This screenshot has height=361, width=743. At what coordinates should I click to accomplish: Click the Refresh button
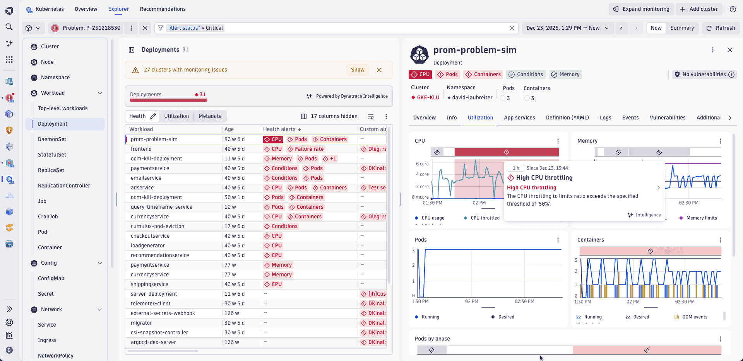click(x=721, y=28)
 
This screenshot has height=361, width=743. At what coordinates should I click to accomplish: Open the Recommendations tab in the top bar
click(x=163, y=9)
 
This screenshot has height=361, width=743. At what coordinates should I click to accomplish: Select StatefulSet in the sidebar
click(x=52, y=155)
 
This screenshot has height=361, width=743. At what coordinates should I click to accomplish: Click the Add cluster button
click(x=699, y=9)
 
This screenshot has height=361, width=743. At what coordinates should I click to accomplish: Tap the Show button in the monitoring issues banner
click(x=358, y=70)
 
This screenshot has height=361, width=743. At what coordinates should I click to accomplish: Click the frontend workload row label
click(x=141, y=149)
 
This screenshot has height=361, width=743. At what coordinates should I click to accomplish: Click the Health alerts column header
click(x=279, y=129)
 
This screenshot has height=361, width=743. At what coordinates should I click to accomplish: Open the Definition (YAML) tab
click(x=567, y=118)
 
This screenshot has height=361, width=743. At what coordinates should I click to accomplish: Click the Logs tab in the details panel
click(x=606, y=118)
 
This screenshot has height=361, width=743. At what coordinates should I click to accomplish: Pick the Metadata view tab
click(x=210, y=116)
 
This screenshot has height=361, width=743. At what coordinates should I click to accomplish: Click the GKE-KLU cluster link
click(x=428, y=98)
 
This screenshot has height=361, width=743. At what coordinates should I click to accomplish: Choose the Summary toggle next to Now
click(x=682, y=28)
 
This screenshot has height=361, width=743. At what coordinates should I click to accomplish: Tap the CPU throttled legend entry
click(x=484, y=218)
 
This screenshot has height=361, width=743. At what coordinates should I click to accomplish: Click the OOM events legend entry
click(x=694, y=317)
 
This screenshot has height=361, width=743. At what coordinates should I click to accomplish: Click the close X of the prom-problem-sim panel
click(x=730, y=50)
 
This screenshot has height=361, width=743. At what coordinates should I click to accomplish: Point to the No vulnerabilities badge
click(x=704, y=75)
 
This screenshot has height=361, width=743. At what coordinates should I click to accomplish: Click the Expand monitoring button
click(x=642, y=9)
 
